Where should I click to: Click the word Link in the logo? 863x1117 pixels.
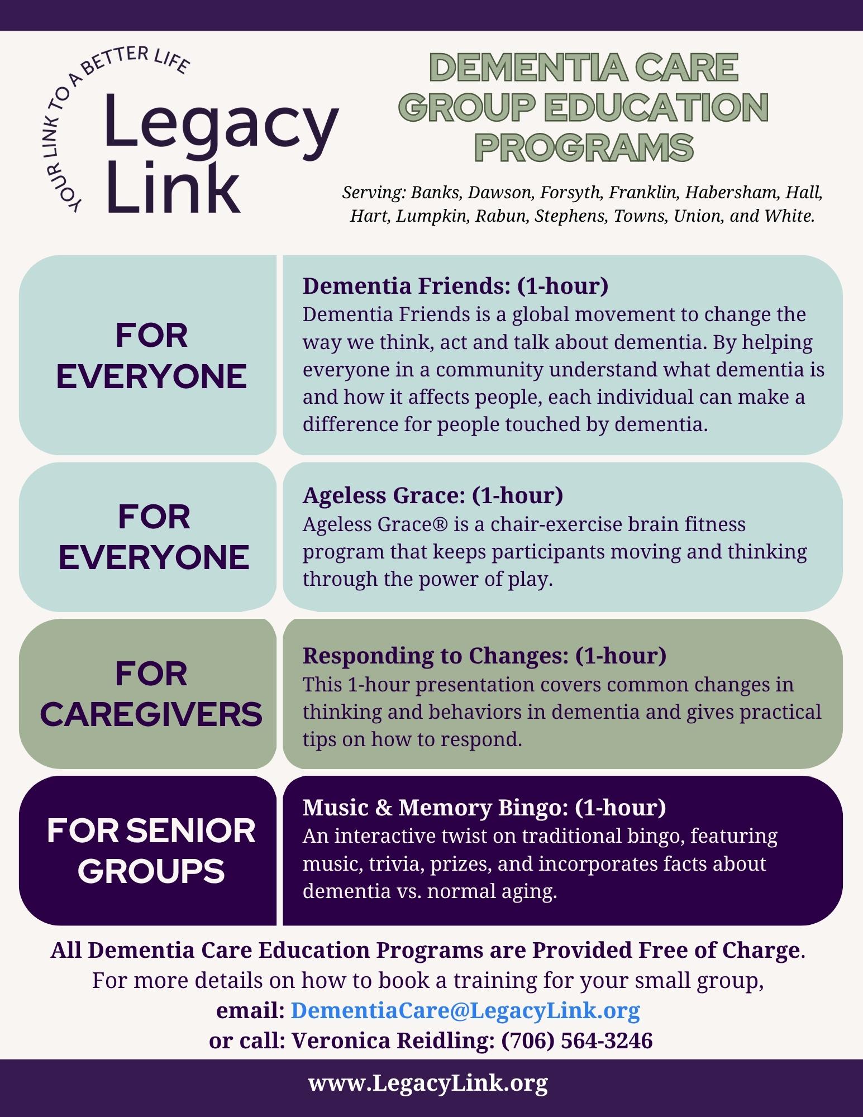tap(173, 187)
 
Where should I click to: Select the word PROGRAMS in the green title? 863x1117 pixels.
tap(584, 147)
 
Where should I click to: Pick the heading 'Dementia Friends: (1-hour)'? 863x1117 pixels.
tap(455, 286)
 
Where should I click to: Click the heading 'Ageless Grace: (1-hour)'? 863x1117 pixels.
tap(433, 495)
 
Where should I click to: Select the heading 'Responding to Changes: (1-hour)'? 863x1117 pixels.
tap(484, 656)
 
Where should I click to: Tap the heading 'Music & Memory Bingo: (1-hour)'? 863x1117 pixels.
tap(484, 808)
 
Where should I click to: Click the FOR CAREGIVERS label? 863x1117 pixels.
tap(151, 694)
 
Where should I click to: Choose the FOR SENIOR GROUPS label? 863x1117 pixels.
tap(151, 851)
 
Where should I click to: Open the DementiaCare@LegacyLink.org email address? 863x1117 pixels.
tap(465, 1010)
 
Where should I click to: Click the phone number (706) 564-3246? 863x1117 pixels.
tap(577, 1040)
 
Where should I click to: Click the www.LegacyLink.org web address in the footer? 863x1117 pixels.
tap(428, 1083)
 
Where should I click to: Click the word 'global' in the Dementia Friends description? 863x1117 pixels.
tap(541, 314)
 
